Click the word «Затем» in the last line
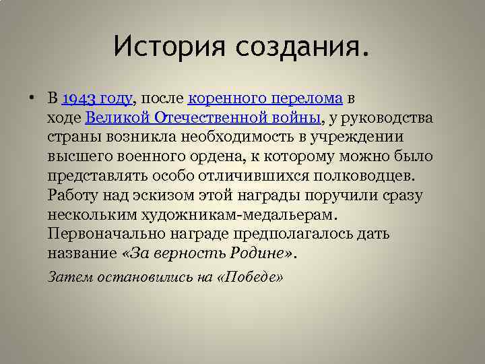click(66, 277)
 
